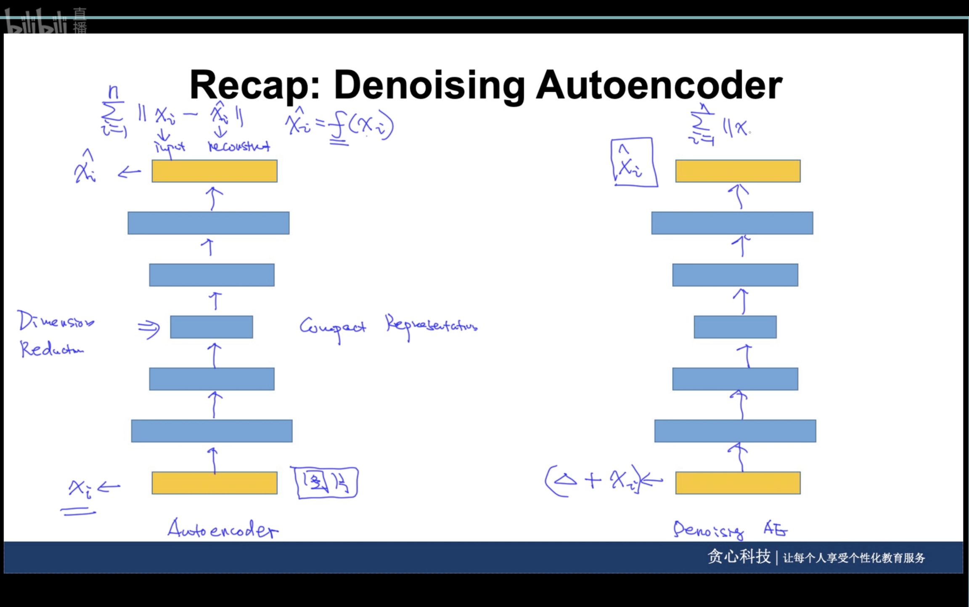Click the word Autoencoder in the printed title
659,85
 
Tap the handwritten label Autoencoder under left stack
223,530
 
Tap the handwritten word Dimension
56,322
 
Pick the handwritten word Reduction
52,349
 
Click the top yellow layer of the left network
214,171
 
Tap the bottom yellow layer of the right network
738,483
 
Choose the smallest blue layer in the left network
212,327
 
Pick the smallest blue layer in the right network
735,327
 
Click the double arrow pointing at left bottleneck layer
149,328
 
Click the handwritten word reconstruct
239,146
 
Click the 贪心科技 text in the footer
739,557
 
